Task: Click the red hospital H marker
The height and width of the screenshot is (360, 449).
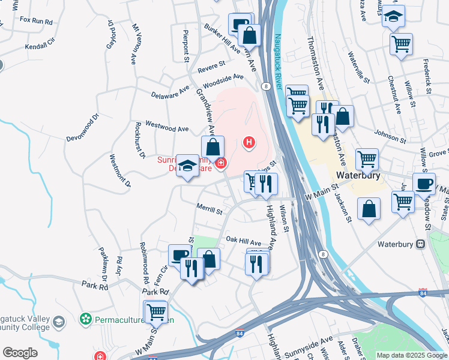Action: click(249, 143)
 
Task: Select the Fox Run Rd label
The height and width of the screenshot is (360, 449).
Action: click(36, 20)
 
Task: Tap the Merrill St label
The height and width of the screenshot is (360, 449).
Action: click(209, 211)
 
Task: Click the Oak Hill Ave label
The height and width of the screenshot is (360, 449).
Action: click(243, 239)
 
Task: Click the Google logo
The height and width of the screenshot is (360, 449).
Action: click(20, 353)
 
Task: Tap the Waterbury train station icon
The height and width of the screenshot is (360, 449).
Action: click(420, 244)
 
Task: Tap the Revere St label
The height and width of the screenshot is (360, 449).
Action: click(213, 64)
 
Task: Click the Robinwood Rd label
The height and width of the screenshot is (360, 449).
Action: click(145, 263)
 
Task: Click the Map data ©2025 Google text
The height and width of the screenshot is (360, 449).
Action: click(412, 355)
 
